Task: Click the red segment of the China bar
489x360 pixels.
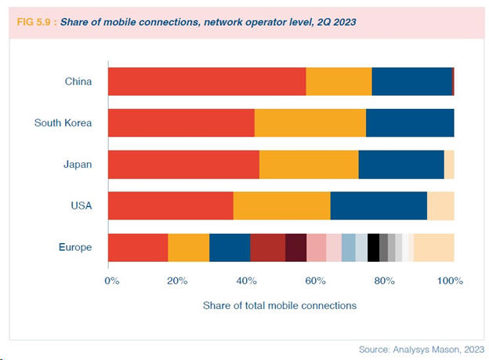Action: (x=206, y=82)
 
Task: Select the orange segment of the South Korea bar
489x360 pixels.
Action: (x=310, y=123)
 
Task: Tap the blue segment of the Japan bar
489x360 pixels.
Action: (x=400, y=165)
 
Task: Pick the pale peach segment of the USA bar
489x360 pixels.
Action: (x=440, y=205)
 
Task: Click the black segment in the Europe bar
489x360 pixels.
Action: (x=373, y=247)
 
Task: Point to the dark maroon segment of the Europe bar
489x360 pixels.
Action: (x=295, y=247)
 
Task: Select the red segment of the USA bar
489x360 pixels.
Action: (x=170, y=205)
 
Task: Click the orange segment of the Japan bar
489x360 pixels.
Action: (x=308, y=165)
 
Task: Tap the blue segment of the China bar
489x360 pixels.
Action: (x=411, y=82)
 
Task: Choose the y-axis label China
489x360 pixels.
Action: (x=78, y=82)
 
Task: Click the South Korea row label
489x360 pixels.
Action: (x=63, y=123)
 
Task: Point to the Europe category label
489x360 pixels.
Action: (x=75, y=247)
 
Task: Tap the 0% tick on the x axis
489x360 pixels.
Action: (x=111, y=281)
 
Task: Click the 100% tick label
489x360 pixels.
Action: (x=451, y=281)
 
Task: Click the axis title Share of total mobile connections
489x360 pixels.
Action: (x=280, y=304)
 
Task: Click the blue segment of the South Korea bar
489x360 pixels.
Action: (x=409, y=123)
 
